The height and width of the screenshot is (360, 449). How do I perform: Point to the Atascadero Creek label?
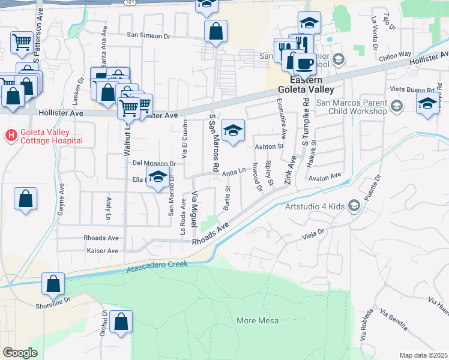coord(157,268)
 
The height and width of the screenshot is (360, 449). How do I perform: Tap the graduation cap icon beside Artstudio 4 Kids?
coord(354,206)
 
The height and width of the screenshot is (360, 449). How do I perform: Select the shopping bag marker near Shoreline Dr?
coord(53,284)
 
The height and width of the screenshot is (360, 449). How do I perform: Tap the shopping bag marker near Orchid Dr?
coord(121,322)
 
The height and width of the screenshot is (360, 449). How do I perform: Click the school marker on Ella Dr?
coord(158,178)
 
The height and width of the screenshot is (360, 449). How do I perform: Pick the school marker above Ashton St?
coord(233,130)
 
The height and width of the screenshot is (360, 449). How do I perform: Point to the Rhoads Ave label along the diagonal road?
coord(211,234)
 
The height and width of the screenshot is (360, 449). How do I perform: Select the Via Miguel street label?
coord(194,209)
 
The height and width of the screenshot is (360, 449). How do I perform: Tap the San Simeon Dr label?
coord(148,36)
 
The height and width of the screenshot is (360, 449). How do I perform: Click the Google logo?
coord(20,352)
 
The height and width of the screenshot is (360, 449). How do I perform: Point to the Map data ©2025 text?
coord(424,355)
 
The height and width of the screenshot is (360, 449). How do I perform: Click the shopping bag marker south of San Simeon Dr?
coord(215,31)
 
